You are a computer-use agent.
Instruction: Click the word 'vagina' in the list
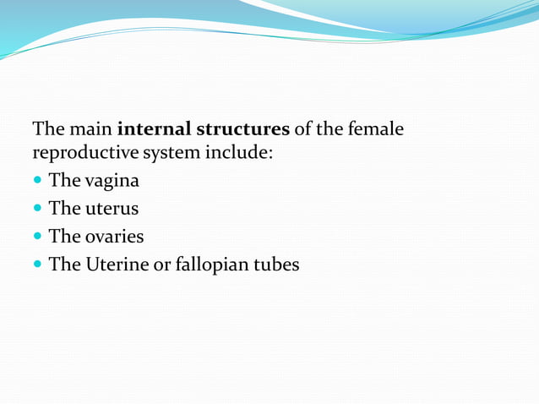(112, 181)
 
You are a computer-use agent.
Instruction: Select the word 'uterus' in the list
(112, 208)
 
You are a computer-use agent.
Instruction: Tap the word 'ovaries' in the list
(114, 236)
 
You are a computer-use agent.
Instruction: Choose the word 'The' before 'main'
(47, 130)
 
